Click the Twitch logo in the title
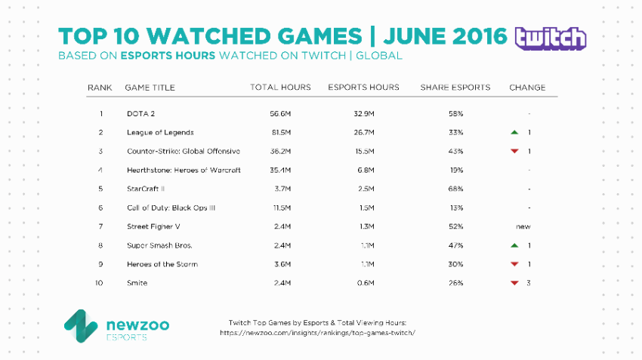point(549,38)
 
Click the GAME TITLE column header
point(150,88)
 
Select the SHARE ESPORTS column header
point(455,88)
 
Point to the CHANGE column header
point(527,88)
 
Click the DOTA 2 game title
point(140,113)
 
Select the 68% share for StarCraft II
point(455,189)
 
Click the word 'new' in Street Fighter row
point(523,226)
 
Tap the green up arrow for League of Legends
point(514,132)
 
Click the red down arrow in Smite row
point(514,283)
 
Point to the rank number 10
point(99,283)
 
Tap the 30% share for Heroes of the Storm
point(455,264)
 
